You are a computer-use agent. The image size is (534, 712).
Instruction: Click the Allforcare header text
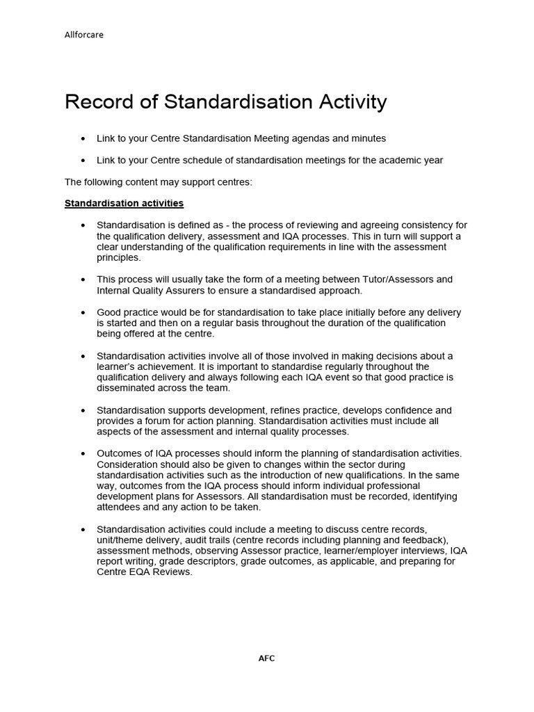(x=84, y=35)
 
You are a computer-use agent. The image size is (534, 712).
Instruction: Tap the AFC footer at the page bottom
(x=267, y=658)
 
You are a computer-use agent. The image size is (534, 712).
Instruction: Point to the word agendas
(x=315, y=138)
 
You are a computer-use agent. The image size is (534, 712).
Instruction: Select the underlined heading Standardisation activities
(x=124, y=204)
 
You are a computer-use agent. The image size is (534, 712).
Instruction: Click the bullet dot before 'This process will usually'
(x=83, y=280)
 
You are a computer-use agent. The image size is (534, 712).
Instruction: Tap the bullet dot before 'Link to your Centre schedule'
(x=83, y=160)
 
